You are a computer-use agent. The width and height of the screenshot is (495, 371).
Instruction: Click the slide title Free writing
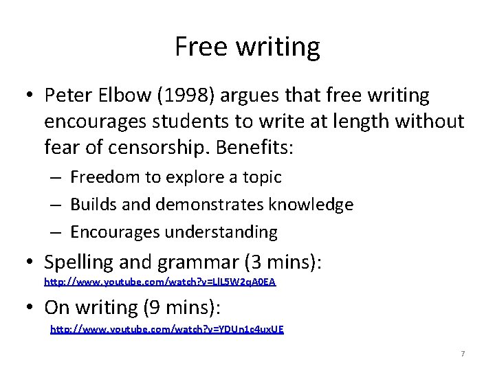click(x=247, y=47)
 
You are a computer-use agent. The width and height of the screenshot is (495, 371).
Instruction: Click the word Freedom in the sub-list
click(x=104, y=177)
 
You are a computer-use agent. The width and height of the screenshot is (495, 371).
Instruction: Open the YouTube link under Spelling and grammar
click(x=159, y=282)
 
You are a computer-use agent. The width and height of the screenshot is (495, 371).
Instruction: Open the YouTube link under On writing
click(x=166, y=329)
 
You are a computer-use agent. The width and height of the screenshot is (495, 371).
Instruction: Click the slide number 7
click(x=463, y=354)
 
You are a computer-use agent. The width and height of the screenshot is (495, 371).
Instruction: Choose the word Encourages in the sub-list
click(x=114, y=232)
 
